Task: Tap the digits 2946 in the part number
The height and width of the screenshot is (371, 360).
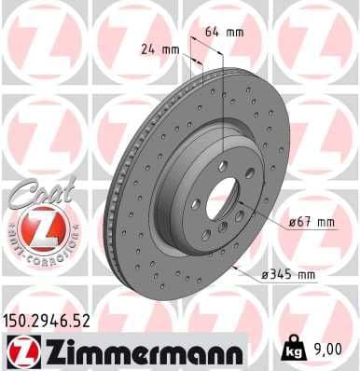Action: point(58,319)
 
